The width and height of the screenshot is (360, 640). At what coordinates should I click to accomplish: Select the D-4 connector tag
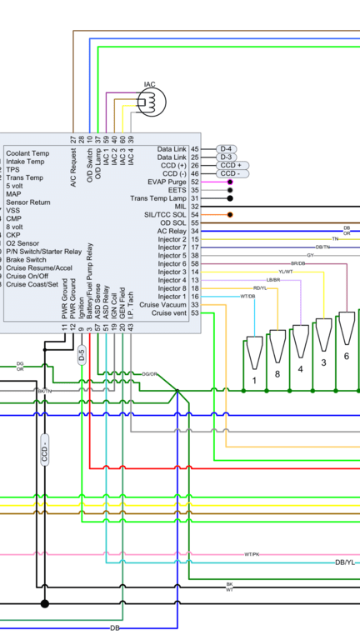pos(227,148)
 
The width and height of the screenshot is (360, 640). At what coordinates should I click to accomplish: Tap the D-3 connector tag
pos(227,157)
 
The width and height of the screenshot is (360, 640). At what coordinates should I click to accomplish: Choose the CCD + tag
pos(229,165)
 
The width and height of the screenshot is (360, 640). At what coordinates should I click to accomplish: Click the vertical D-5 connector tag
pos(81,356)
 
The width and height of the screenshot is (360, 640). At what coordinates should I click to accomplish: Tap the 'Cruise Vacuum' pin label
pos(163,305)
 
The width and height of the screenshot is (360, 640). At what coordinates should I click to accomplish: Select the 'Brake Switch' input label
pos(26,260)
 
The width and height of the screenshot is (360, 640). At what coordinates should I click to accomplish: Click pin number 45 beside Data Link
pos(194,148)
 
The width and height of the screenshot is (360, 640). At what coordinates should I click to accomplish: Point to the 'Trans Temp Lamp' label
pos(158,198)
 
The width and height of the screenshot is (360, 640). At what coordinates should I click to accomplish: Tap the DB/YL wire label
pos(344,562)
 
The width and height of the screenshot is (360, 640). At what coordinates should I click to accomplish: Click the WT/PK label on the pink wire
pos(252,554)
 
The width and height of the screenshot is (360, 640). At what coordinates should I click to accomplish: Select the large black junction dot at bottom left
pos(45,603)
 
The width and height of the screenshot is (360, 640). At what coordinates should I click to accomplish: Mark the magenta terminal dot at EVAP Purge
pos(229,182)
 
